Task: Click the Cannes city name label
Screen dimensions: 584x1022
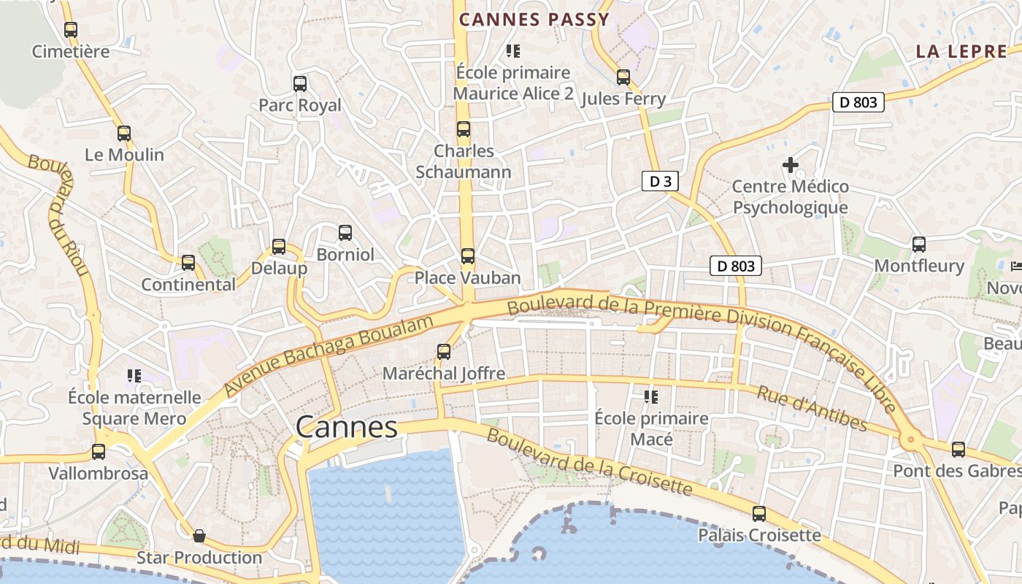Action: (x=347, y=428)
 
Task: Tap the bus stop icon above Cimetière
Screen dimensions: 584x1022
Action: (x=71, y=30)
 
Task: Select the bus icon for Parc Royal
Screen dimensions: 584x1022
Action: (x=300, y=83)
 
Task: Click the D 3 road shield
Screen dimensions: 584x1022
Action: (x=660, y=181)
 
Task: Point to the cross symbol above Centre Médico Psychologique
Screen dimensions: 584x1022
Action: (x=790, y=165)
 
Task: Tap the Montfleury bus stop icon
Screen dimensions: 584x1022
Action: (x=919, y=245)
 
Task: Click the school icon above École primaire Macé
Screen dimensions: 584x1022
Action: (x=650, y=397)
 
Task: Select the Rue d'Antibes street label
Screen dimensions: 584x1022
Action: (x=812, y=408)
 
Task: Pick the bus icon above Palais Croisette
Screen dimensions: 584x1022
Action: (x=759, y=513)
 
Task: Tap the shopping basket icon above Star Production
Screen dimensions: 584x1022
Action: (x=199, y=537)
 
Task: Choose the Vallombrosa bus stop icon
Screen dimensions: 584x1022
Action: (x=99, y=452)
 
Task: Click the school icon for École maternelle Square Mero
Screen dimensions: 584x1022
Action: (x=134, y=376)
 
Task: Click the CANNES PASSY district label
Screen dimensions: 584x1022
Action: (x=534, y=20)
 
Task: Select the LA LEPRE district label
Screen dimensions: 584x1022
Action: (x=961, y=52)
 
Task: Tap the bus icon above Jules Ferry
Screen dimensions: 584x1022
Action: (x=623, y=77)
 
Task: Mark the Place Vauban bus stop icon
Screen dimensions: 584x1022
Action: (x=468, y=256)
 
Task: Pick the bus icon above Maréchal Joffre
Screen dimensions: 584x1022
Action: (x=444, y=352)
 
